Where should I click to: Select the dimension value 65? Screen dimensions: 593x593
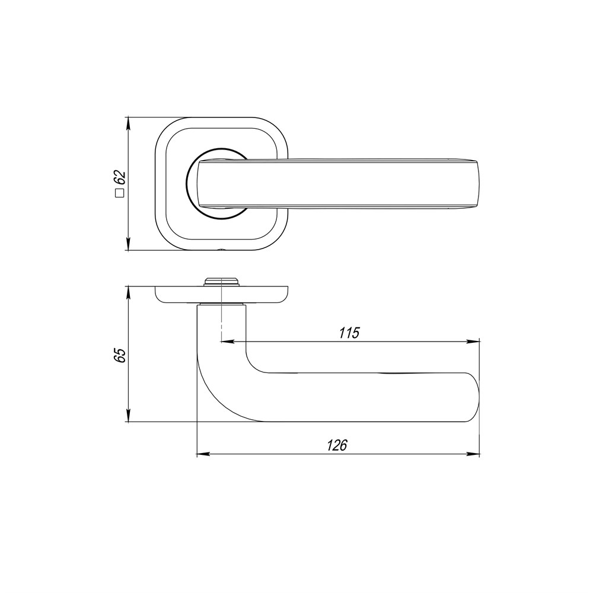click(x=120, y=355)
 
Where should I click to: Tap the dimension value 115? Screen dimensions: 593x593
click(x=349, y=333)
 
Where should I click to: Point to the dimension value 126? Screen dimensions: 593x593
click(x=337, y=445)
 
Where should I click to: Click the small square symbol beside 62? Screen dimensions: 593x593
click(x=120, y=193)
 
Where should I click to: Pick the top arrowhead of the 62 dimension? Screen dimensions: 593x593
click(x=129, y=122)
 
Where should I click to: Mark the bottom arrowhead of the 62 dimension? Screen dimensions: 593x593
click(x=129, y=245)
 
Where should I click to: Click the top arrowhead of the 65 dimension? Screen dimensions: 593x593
click(x=129, y=292)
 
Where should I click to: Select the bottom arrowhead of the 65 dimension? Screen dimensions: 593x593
click(x=129, y=416)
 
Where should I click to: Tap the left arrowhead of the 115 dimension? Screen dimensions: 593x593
click(x=225, y=342)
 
